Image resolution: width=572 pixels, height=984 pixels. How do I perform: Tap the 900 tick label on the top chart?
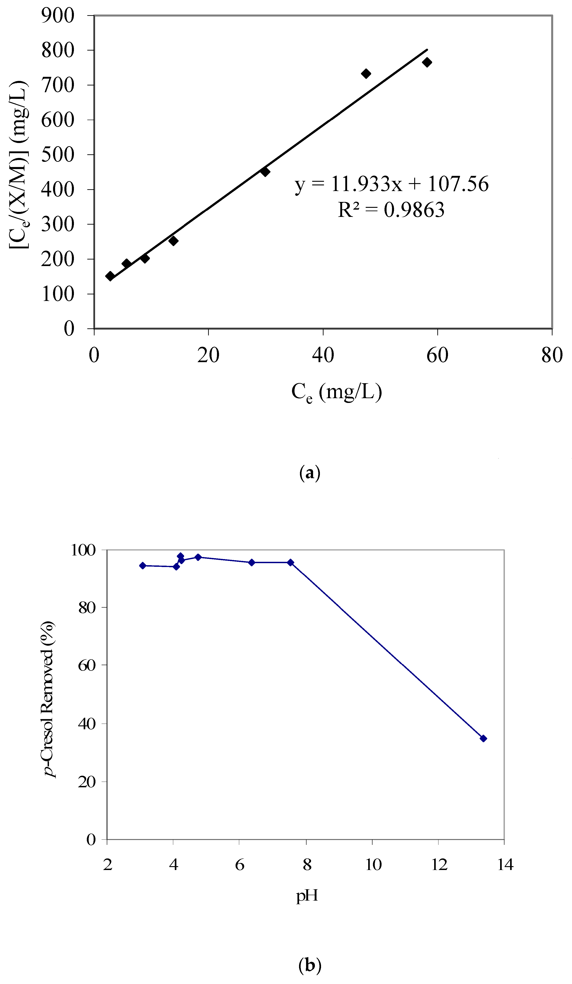pyautogui.click(x=58, y=16)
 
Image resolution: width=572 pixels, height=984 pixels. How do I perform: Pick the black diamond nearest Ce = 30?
pyautogui.click(x=265, y=172)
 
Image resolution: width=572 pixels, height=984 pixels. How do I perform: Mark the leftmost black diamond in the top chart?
pyautogui.click(x=110, y=276)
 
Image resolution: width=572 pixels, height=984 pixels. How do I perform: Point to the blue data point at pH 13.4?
pyautogui.click(x=483, y=738)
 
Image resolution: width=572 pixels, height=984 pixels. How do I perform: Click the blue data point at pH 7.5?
pyautogui.click(x=290, y=562)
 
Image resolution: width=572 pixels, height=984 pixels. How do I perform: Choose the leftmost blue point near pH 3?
pyautogui.click(x=143, y=565)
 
